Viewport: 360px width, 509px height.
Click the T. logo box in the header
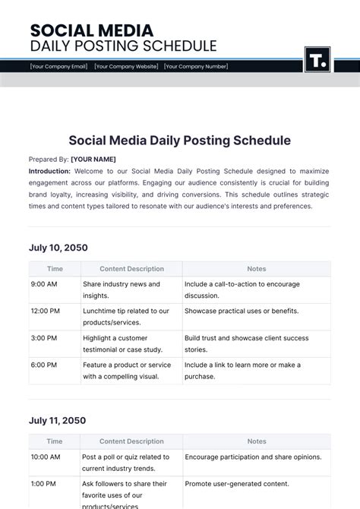tap(317, 59)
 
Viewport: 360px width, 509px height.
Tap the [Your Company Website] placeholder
tap(127, 66)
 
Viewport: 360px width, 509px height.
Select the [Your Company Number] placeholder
tap(196, 66)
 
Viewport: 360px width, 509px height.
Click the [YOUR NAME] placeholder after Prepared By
tap(93, 160)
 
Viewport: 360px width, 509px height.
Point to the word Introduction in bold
tap(49, 172)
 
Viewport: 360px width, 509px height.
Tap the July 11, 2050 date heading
tap(57, 420)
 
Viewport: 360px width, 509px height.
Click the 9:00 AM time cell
tap(44, 284)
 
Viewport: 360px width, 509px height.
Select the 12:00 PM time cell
tap(46, 311)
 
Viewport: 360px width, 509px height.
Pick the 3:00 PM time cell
tap(44, 337)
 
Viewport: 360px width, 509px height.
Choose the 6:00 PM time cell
tap(44, 365)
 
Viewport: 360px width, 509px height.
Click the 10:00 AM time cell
tap(46, 457)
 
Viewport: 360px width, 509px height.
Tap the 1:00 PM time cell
tap(44, 483)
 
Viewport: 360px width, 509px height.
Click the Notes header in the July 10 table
tap(256, 269)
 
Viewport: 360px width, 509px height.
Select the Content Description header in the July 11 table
tap(131, 441)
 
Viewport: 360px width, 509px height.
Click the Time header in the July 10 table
tap(55, 269)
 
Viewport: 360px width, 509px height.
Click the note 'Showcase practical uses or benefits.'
tap(241, 311)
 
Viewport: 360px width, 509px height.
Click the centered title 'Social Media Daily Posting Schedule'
tap(180, 141)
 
